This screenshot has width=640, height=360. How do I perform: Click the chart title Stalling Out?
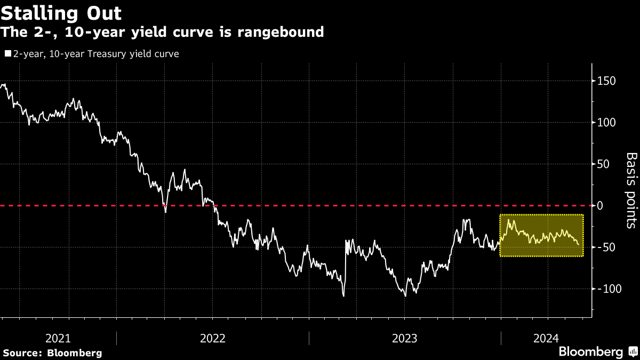coord(61,13)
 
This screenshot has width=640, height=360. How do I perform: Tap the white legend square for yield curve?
coord(7,54)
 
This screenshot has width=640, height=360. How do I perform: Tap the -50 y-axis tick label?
coord(607,247)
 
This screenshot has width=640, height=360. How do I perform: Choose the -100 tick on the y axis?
coord(610,289)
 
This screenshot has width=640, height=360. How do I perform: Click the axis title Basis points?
coord(631,190)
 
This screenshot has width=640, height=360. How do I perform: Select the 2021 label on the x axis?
coord(58,338)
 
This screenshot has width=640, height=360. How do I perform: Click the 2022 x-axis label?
coord(212,338)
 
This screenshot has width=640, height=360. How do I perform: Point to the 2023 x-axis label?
coord(404,338)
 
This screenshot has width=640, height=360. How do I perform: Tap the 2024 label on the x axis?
coord(545,338)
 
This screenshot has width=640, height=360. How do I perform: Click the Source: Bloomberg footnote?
coord(52,353)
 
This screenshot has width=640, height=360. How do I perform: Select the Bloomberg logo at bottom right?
coord(597,351)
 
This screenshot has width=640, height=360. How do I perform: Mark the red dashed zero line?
coord(320,205)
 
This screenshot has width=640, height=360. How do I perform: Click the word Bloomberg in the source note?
coord(75,353)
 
